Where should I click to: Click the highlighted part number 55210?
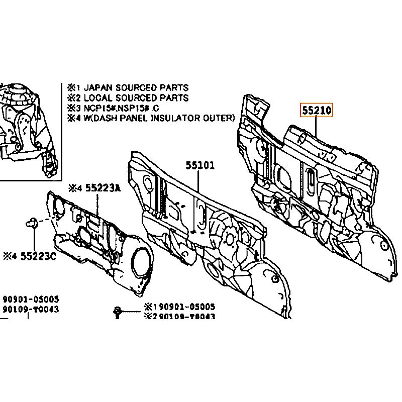point(317,110)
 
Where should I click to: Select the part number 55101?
point(200,165)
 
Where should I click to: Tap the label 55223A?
point(102,188)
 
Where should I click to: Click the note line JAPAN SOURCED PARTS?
point(136,88)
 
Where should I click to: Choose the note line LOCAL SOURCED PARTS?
point(136,98)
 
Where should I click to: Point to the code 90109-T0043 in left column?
point(30,310)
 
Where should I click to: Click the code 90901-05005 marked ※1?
point(186,307)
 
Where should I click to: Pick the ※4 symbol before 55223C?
point(10,256)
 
